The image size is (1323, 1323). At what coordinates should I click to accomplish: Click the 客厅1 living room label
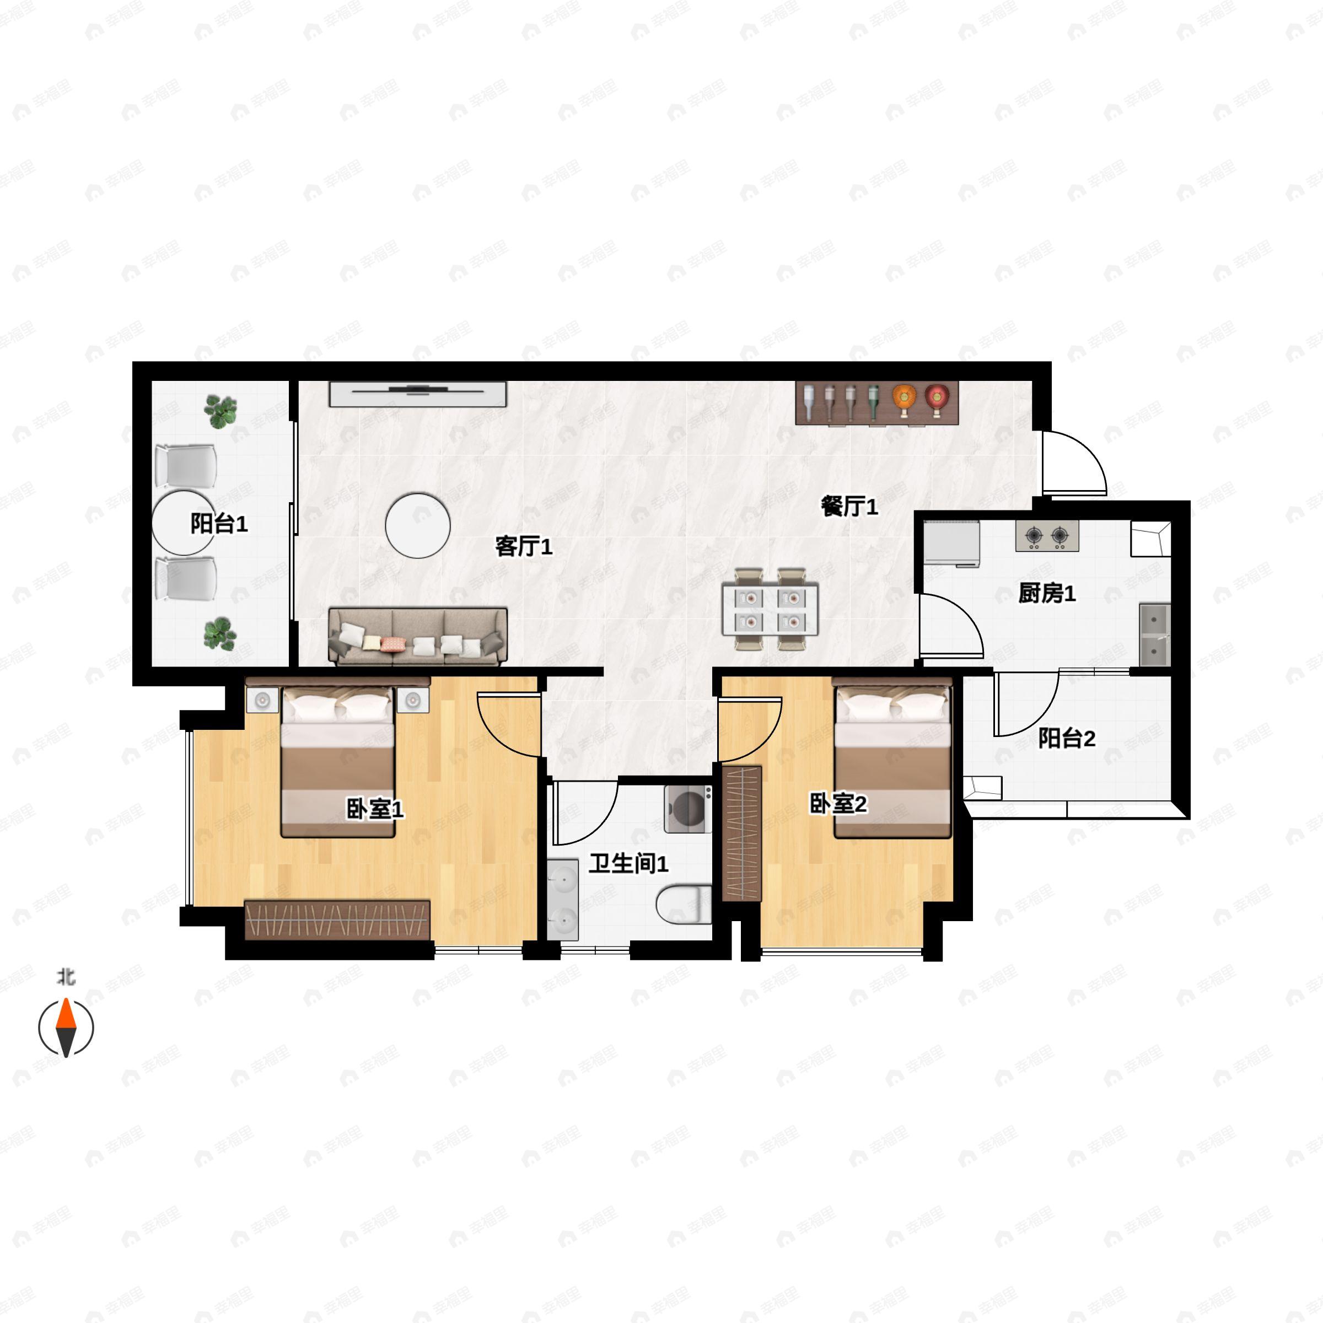pyautogui.click(x=523, y=546)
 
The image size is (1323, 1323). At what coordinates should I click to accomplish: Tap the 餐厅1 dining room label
pyautogui.click(x=849, y=506)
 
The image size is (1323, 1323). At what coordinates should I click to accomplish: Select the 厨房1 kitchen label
pyautogui.click(x=1046, y=593)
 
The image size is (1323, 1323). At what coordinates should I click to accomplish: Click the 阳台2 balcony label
pyautogui.click(x=1066, y=738)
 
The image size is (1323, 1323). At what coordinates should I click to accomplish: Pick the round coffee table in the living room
pyautogui.click(x=418, y=525)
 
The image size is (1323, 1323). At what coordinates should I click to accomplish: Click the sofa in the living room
pyautogui.click(x=418, y=636)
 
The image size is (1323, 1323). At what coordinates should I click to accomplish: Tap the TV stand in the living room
pyautogui.click(x=418, y=395)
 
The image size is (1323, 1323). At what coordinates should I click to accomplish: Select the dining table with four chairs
pyautogui.click(x=771, y=609)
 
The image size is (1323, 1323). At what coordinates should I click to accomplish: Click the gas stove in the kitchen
pyautogui.click(x=1047, y=535)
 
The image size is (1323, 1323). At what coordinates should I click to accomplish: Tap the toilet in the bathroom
pyautogui.click(x=684, y=905)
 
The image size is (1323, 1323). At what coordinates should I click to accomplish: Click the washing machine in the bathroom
pyautogui.click(x=688, y=809)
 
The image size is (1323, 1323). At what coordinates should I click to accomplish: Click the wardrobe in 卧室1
pyautogui.click(x=337, y=919)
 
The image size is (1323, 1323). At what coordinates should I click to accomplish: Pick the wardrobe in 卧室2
pyautogui.click(x=743, y=834)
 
